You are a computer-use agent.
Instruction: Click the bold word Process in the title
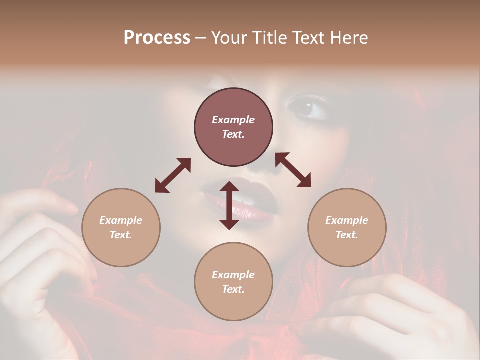pos(157,38)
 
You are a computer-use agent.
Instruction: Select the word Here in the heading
pos(349,38)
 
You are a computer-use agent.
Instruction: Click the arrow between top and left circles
pos(173,175)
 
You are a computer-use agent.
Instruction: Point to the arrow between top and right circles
pos(293,170)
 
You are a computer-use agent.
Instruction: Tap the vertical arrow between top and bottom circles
pos(229,205)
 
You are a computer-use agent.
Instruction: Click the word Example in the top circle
pos(233,120)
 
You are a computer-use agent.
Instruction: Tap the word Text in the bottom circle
pos(233,289)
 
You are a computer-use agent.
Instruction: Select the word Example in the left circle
pos(121,220)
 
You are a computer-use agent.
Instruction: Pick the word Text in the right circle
pos(347,235)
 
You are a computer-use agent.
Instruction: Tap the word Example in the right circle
pos(347,220)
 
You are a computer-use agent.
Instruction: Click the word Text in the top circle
pos(233,134)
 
